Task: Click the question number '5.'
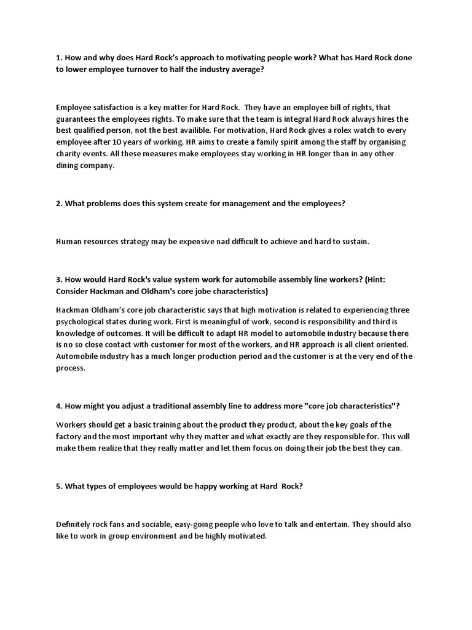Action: (x=59, y=485)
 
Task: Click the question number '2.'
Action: (x=59, y=202)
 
